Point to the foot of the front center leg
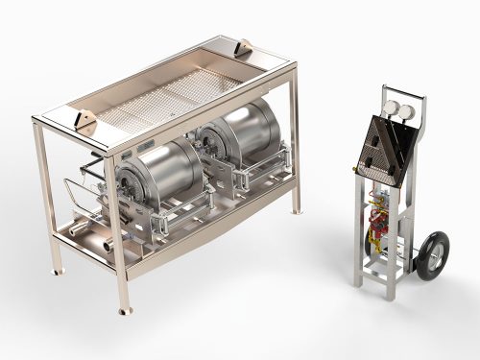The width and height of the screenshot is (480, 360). pyautogui.click(x=123, y=310)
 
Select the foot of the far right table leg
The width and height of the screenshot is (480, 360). pyautogui.click(x=295, y=212)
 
